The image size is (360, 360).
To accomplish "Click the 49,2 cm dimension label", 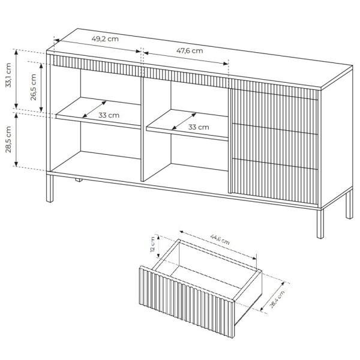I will pyautogui.click(x=104, y=39).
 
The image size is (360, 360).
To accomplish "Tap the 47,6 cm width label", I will pyautogui.click(x=190, y=50).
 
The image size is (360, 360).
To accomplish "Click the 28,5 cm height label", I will pyautogui.click(x=8, y=140).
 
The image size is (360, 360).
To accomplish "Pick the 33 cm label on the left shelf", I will pyautogui.click(x=109, y=115).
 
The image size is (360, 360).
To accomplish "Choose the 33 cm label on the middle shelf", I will pyautogui.click(x=199, y=127).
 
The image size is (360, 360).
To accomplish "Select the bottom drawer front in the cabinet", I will pyautogui.click(x=273, y=178).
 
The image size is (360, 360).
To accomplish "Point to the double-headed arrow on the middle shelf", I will pyautogui.click(x=184, y=121).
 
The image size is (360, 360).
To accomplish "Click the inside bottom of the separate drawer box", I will pyautogui.click(x=210, y=276).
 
